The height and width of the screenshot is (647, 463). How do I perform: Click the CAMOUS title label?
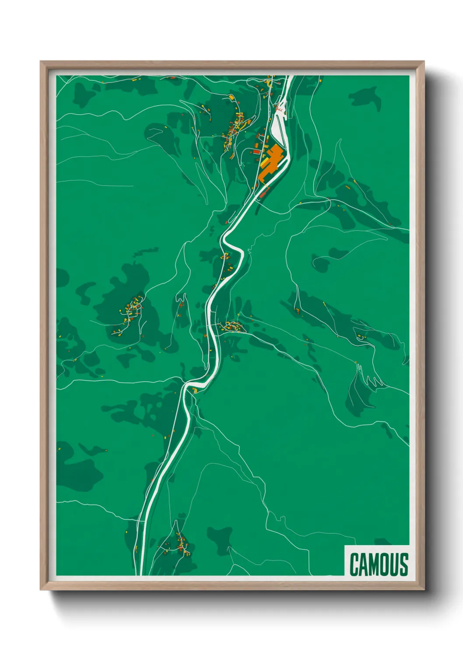pos(379,564)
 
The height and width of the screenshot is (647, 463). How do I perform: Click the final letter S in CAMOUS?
pos(403,564)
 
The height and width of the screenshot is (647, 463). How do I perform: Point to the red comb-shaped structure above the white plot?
pos(279,106)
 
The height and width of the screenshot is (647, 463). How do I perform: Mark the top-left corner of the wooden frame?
pos(41,62)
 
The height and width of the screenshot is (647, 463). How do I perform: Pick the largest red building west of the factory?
pos(256,151)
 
